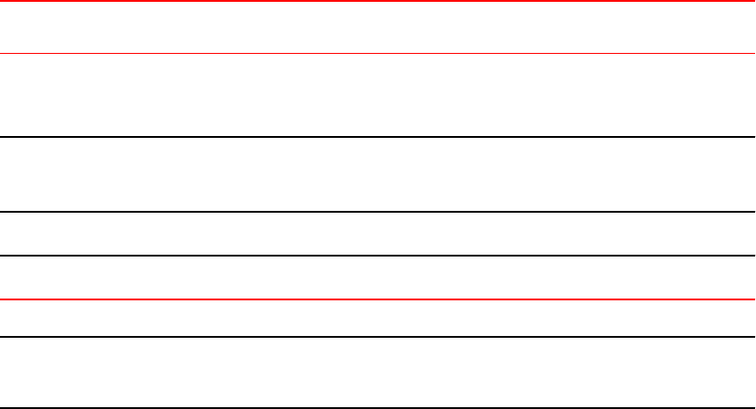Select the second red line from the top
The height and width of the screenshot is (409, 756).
pos(378,54)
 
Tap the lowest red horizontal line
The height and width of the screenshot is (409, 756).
pos(378,299)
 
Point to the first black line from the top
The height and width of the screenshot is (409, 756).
pos(378,137)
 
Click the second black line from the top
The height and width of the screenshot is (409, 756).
pos(378,213)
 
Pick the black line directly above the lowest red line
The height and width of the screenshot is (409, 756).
pos(378,256)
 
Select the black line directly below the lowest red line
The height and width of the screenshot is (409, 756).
pos(378,337)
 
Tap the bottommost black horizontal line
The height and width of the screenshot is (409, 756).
pos(378,407)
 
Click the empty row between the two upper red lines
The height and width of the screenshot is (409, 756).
pos(378,27)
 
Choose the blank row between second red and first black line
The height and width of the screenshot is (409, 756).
pos(378,96)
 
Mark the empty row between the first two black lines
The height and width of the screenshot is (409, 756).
pos(378,175)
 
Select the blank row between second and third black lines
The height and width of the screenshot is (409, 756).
pos(378,235)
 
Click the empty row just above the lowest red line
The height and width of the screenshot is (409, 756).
pos(378,278)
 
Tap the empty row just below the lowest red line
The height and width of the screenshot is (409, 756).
pos(378,319)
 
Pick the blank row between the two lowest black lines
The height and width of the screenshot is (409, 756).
pos(378,372)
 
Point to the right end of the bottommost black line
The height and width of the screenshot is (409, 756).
pos(752,407)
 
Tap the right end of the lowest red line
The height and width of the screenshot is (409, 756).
pos(752,299)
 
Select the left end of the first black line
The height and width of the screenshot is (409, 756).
pos(3,137)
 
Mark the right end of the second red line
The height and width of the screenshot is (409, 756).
pos(752,54)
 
